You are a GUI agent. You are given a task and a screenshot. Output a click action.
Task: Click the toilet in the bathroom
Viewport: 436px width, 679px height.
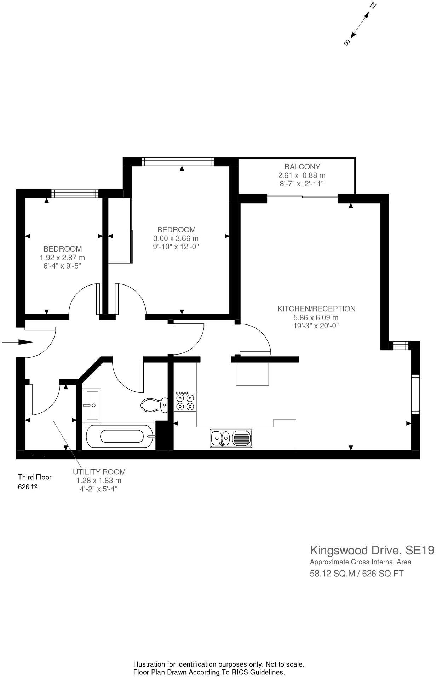[x=155, y=404]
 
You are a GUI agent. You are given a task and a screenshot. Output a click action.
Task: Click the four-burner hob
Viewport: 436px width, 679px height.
[x=185, y=401]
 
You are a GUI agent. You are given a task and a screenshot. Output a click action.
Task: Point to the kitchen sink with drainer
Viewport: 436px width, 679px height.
[x=231, y=438]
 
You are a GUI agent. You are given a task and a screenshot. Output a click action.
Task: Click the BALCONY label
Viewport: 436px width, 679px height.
[x=302, y=167]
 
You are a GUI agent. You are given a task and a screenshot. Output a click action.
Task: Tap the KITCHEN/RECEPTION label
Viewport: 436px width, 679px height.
[x=316, y=309]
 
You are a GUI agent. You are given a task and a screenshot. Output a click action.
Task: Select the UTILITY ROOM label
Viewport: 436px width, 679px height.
[x=99, y=472]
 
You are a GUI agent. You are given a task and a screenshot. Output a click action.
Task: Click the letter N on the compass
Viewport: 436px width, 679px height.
[x=373, y=6]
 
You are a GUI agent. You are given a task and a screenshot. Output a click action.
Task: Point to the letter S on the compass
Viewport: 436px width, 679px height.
[x=347, y=42]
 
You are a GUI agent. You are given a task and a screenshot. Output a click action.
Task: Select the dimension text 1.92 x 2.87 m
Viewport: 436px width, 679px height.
[x=63, y=258]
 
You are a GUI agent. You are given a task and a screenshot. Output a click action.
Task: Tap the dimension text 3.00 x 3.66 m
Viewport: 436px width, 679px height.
[x=176, y=238]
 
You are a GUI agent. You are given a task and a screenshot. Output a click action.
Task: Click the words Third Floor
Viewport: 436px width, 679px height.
[x=35, y=477]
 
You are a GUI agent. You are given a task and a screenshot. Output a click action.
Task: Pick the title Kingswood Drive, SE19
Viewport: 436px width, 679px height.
[x=372, y=550]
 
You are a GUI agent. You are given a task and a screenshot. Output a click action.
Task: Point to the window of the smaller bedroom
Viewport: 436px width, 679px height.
[x=75, y=193]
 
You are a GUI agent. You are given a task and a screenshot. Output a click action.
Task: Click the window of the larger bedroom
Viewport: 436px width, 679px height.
[x=178, y=162]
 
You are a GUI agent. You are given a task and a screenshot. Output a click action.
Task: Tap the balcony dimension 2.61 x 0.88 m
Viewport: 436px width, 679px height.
[x=302, y=175]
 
